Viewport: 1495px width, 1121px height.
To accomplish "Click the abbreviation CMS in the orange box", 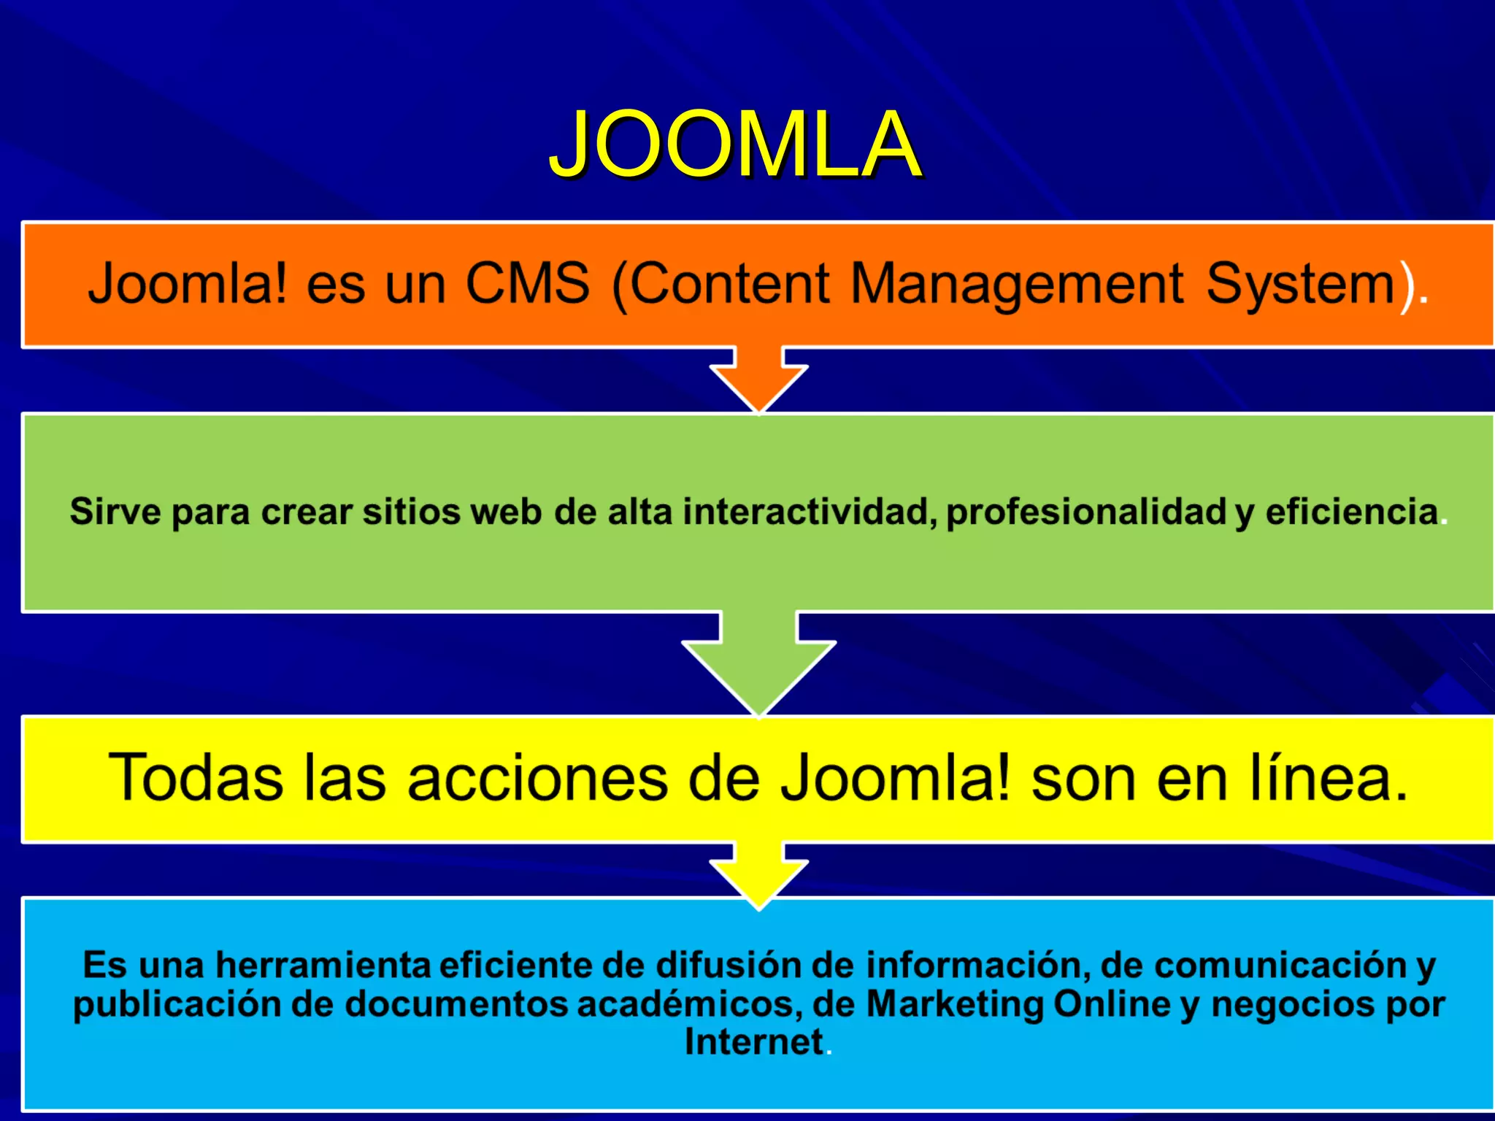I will [x=527, y=283].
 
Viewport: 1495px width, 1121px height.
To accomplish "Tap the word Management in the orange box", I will [x=1016, y=285].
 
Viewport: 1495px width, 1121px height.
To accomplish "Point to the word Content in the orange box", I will [x=729, y=283].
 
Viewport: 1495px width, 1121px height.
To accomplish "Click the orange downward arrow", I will [x=758, y=381].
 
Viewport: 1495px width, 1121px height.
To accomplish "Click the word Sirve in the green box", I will [x=115, y=512].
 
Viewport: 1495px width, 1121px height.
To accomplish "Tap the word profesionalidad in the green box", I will [x=1085, y=512].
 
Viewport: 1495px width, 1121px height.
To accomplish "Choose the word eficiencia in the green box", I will [x=1351, y=512].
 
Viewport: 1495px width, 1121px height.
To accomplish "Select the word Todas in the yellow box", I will [x=195, y=779].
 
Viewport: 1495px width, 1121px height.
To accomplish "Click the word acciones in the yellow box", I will [x=537, y=779].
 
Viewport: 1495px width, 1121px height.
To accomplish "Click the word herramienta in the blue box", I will [x=323, y=966].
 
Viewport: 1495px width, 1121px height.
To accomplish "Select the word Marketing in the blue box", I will [x=956, y=1004].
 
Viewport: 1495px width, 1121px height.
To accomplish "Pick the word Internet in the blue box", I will [x=753, y=1042].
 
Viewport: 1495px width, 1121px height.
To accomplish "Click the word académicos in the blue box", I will [x=685, y=1004].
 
